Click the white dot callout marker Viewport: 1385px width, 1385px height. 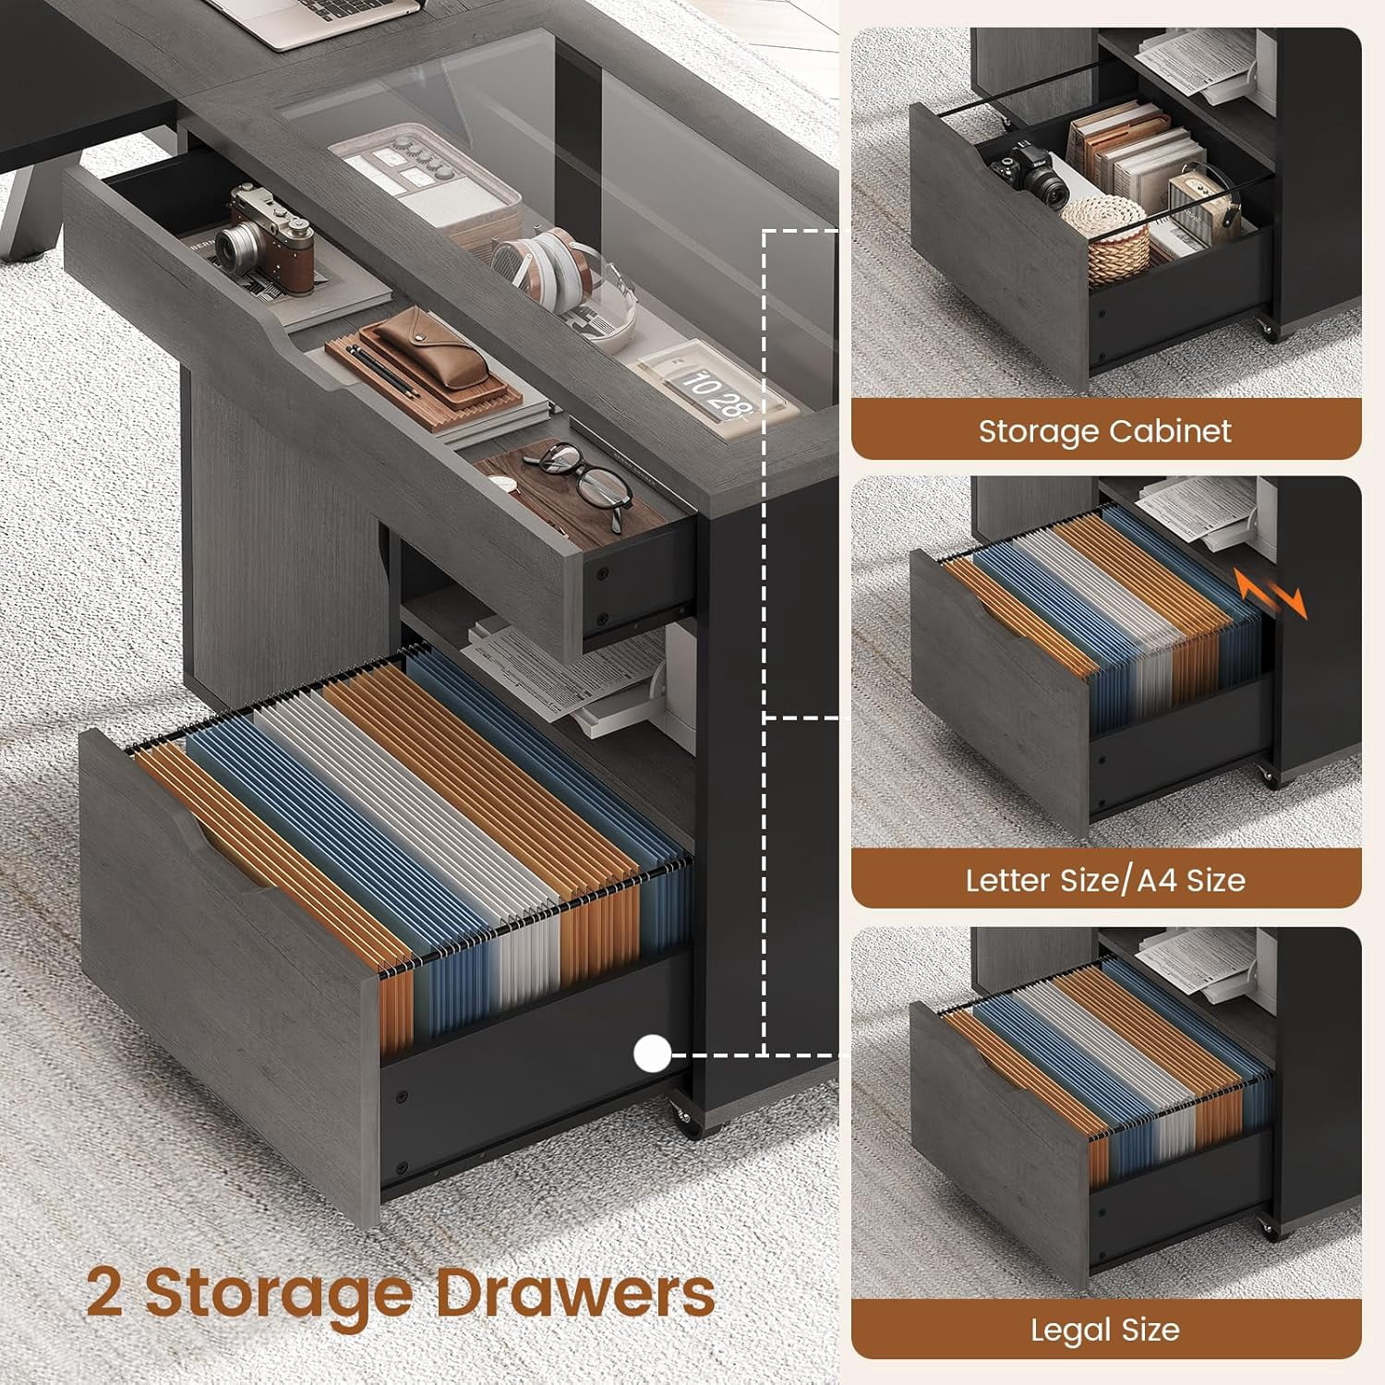653,1054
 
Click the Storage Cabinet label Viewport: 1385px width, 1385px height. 1105,431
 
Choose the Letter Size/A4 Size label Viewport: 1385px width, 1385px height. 1105,880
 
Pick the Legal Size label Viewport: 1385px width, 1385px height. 1105,1330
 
